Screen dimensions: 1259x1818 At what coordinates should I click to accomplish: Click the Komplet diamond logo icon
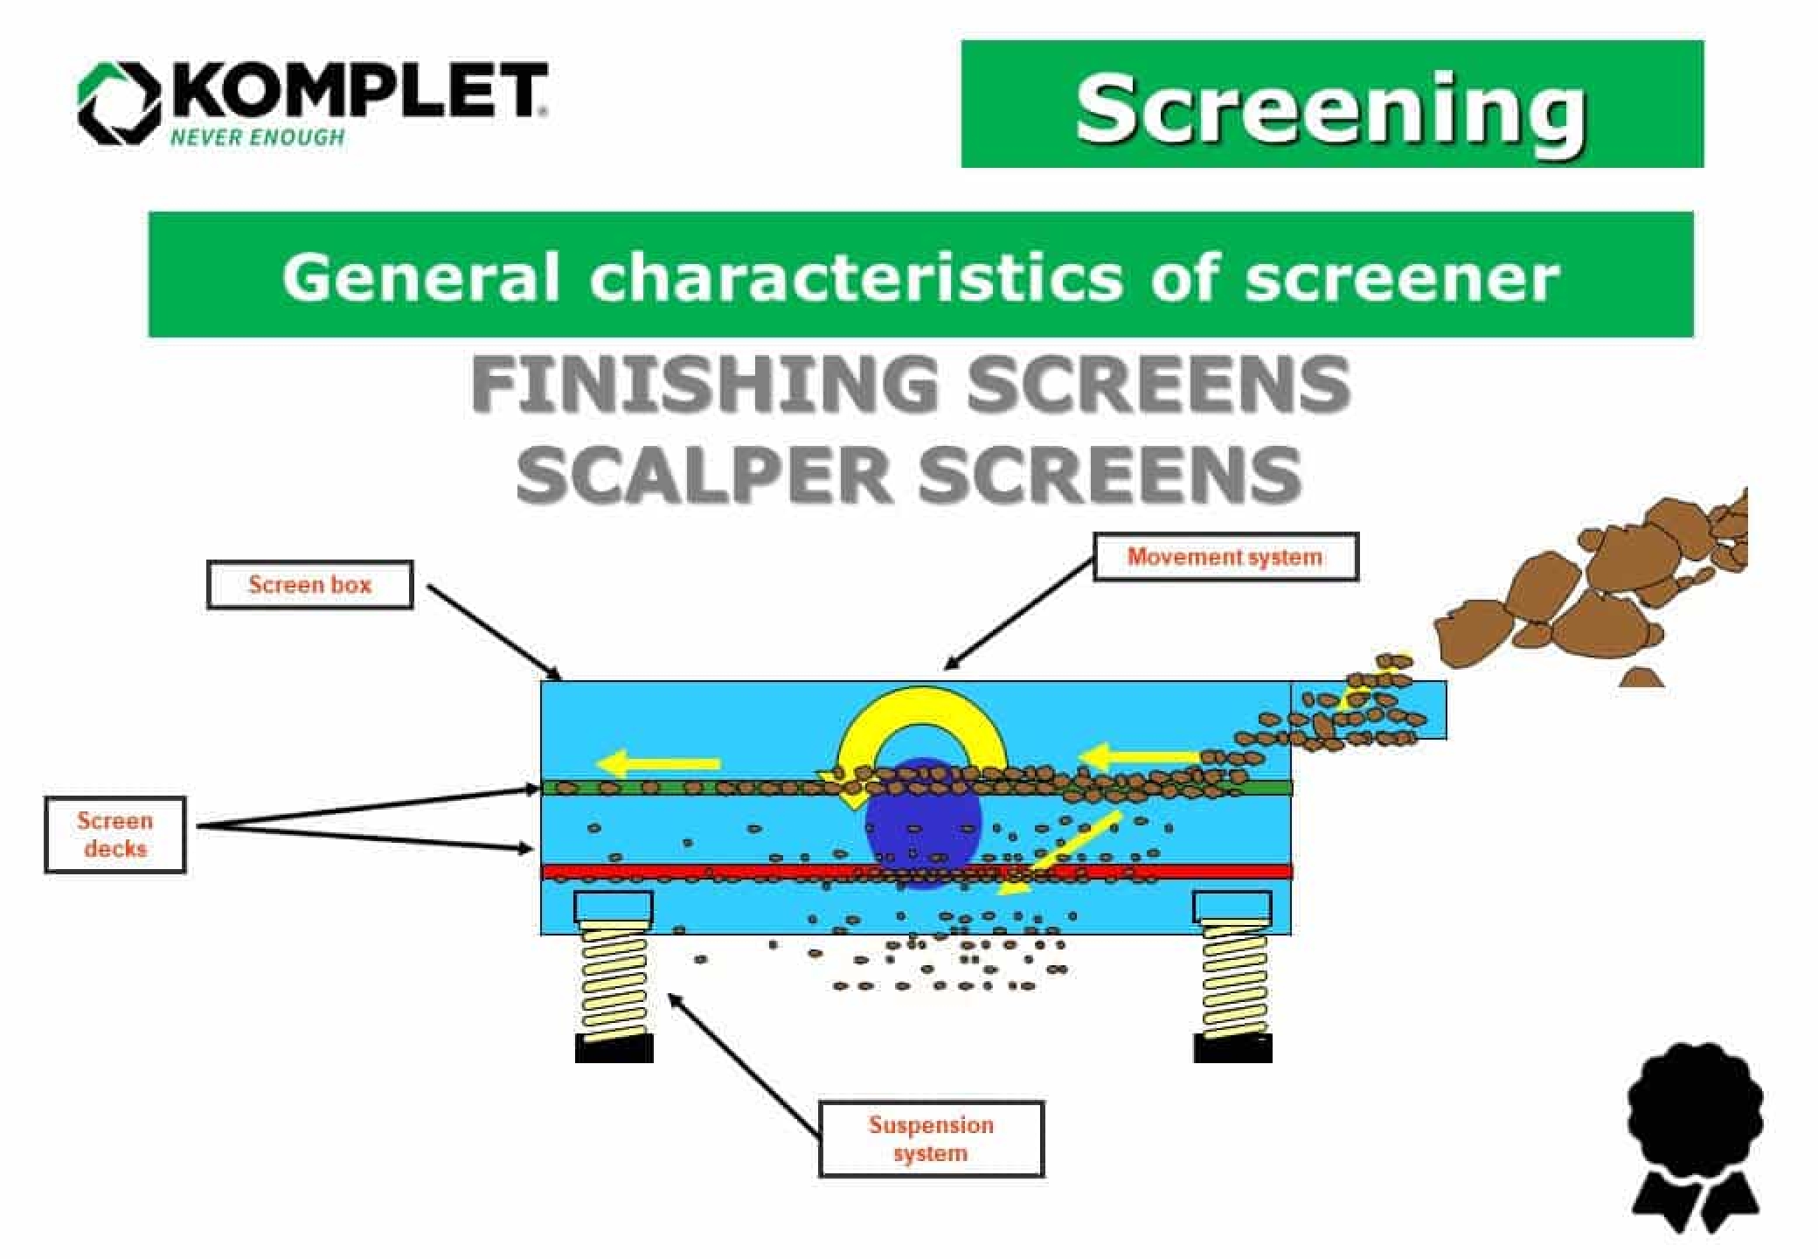[119, 103]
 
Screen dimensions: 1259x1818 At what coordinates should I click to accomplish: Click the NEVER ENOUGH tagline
[257, 137]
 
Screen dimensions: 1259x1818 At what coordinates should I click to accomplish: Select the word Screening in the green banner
[1330, 109]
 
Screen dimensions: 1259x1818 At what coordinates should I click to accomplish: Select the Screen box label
[309, 585]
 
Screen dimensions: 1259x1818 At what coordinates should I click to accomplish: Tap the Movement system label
[1225, 557]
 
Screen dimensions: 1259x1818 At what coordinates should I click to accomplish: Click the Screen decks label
[114, 835]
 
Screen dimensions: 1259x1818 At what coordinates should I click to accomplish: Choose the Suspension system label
[931, 1138]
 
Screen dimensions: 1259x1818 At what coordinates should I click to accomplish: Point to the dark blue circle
[923, 826]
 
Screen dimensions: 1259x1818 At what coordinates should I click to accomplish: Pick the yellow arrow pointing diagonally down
[1062, 853]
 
